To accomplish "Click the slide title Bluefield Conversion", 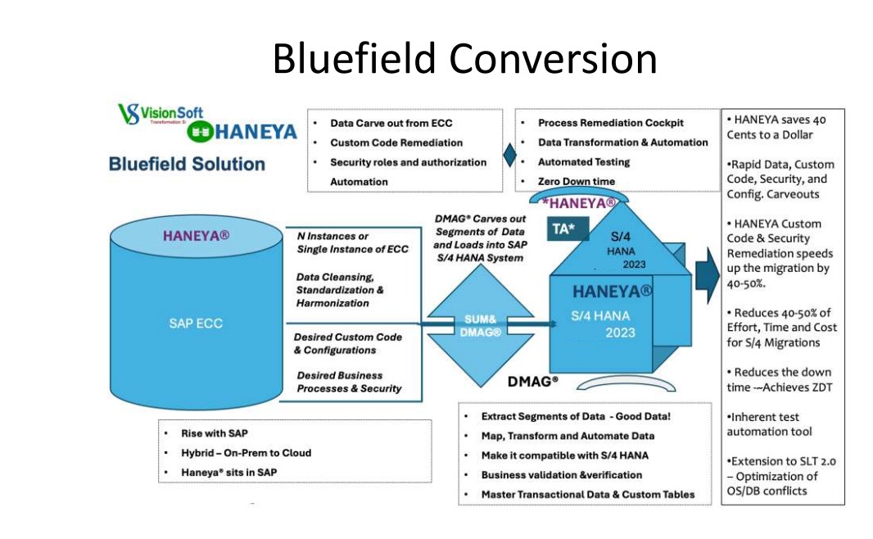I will tap(464, 59).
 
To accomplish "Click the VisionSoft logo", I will tap(161, 113).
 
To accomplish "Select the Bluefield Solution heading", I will tap(187, 164).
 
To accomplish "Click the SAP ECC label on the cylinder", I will tap(190, 323).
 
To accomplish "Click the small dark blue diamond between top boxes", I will tap(509, 153).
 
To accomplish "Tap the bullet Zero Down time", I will tap(576, 181).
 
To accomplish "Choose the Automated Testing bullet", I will tap(583, 161).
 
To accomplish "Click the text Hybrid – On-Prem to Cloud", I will tap(246, 452).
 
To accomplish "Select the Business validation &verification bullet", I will tap(561, 474).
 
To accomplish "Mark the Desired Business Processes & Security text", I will tap(348, 382).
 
